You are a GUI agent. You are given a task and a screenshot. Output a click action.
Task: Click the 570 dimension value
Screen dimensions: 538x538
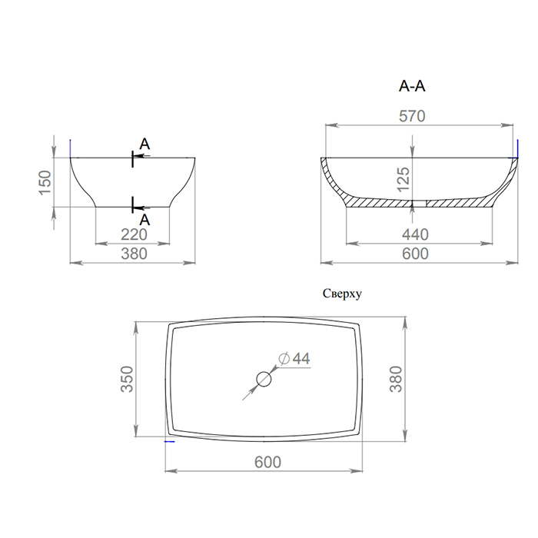tap(412, 116)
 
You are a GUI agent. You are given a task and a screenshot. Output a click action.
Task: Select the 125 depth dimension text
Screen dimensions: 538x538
tap(403, 179)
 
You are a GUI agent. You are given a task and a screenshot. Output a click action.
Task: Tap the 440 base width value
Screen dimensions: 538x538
tap(415, 234)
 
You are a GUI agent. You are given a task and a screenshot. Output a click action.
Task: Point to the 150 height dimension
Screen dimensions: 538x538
tap(45, 183)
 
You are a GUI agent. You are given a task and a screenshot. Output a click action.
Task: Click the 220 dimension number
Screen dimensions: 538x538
tap(134, 234)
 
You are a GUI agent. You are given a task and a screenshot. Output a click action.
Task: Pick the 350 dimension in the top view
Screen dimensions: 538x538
tap(127, 379)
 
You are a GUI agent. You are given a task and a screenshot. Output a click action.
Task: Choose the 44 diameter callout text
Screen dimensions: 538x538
tap(301, 359)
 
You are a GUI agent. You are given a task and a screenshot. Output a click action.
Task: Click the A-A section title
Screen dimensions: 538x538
tap(412, 86)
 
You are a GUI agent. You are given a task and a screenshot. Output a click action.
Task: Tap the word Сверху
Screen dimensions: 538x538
tap(342, 294)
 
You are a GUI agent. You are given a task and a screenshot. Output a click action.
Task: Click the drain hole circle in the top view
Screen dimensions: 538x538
tap(264, 372)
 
